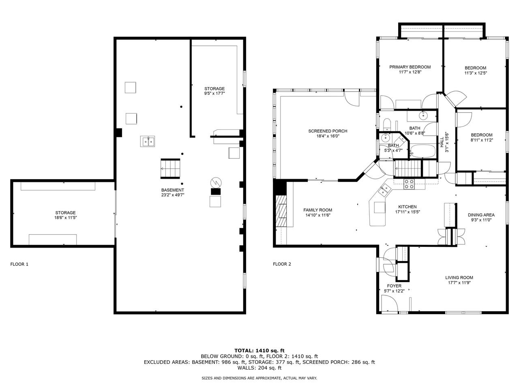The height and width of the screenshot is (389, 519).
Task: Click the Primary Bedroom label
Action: pos(410,67)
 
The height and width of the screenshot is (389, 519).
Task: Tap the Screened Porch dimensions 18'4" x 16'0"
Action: pos(328,137)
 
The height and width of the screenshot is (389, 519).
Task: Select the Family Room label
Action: pos(317,210)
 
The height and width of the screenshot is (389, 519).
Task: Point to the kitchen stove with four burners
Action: pos(409,184)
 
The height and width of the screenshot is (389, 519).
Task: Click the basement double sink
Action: pos(148,141)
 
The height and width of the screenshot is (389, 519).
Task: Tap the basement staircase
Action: pos(170,168)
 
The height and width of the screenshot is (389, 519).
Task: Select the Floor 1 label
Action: pos(19,264)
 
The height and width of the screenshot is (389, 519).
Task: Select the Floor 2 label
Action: pos(282,264)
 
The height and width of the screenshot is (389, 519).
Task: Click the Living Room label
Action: pos(459,278)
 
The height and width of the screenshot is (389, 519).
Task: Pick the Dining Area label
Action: pos(481,215)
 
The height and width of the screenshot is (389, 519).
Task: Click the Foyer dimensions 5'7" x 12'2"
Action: pos(394,291)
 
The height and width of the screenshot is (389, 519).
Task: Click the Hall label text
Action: pos(442,142)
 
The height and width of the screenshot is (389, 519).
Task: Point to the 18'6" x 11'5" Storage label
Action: pos(65,213)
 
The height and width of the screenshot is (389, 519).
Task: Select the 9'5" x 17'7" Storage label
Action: pos(214,89)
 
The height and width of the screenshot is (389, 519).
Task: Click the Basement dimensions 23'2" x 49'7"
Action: pos(172,195)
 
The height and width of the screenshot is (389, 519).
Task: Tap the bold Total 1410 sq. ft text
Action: pos(259,351)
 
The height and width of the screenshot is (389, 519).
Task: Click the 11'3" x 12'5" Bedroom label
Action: pos(475,68)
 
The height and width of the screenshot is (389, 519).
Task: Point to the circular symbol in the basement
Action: pos(215,181)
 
